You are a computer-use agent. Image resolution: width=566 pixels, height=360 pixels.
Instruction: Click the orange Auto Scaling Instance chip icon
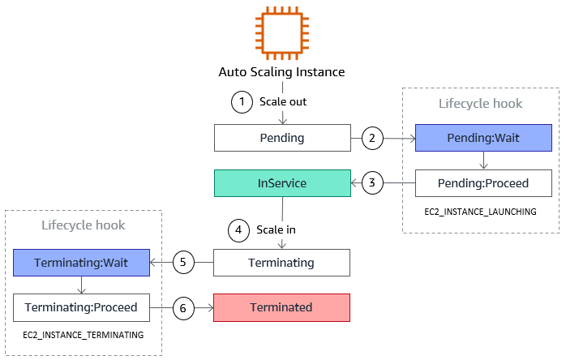[x=281, y=32]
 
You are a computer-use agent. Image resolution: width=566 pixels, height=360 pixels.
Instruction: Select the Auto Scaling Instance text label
[x=281, y=72]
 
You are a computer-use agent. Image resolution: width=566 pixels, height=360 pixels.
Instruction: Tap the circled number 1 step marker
[x=241, y=103]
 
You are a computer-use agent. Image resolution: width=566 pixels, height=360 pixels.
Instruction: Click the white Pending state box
[x=281, y=138]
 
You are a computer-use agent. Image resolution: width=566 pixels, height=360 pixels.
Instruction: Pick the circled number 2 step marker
[x=372, y=138]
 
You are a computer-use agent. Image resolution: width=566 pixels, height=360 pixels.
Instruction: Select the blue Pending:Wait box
[x=483, y=138]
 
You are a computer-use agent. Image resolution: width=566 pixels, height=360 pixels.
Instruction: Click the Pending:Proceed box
[x=483, y=183]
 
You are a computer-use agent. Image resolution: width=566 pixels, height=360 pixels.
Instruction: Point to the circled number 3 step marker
[x=372, y=183]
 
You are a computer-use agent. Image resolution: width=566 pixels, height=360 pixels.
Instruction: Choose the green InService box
[x=281, y=183]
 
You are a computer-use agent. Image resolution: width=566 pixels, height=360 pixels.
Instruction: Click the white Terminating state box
[x=281, y=263]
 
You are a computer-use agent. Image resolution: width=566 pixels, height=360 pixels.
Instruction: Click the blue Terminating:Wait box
[x=82, y=263]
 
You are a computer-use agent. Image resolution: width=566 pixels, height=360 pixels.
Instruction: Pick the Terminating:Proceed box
[x=82, y=307]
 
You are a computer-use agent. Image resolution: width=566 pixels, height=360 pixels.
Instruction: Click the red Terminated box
[x=281, y=307]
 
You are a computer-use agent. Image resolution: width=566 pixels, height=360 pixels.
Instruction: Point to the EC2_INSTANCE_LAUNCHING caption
[x=480, y=211]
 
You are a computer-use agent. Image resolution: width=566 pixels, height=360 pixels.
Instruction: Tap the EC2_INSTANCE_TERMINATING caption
[x=84, y=335]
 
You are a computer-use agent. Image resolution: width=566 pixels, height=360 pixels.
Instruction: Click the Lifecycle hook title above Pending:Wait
[x=480, y=104]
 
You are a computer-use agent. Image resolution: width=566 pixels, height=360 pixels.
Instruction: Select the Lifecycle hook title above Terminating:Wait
[x=83, y=225]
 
